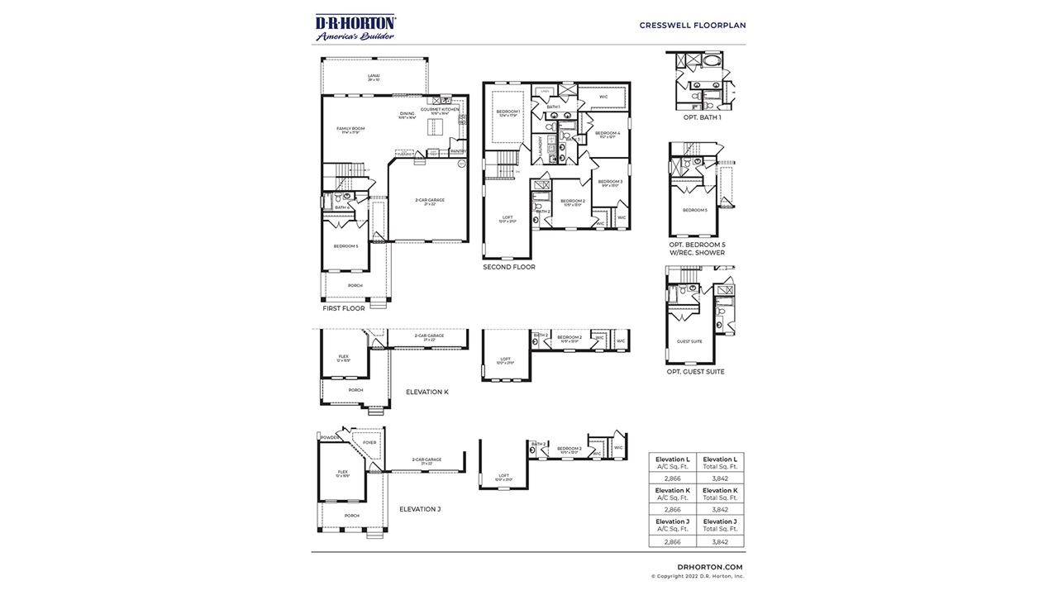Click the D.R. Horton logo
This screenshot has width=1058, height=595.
tap(355, 27)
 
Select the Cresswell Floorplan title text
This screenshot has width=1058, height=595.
tap(692, 25)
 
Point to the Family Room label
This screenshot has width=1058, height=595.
tap(350, 130)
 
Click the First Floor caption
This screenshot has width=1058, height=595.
tap(343, 308)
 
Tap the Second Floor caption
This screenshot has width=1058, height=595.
tap(509, 267)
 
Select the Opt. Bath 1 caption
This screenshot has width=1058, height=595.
tap(702, 117)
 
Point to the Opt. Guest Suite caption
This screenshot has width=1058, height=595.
tap(695, 372)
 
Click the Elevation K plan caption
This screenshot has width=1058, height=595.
tap(427, 392)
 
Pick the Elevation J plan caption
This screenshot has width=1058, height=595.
tap(420, 509)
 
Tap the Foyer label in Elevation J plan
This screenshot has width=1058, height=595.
tap(369, 442)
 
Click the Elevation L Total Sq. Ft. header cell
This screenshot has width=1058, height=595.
tap(719, 463)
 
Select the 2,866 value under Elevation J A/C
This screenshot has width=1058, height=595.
tap(672, 541)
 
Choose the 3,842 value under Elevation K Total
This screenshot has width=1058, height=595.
tap(719, 510)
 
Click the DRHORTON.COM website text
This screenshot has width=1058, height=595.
tap(703, 567)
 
